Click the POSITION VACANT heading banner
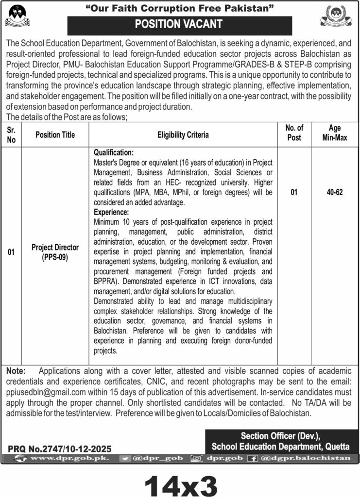(x=179, y=24)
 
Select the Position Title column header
(x=55, y=135)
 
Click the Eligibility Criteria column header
(x=183, y=135)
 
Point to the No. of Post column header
(x=294, y=132)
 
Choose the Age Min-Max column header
(x=335, y=132)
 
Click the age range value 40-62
(x=335, y=193)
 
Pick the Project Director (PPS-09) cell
(x=55, y=252)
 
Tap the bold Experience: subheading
(x=111, y=212)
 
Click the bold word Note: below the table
(x=16, y=370)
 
